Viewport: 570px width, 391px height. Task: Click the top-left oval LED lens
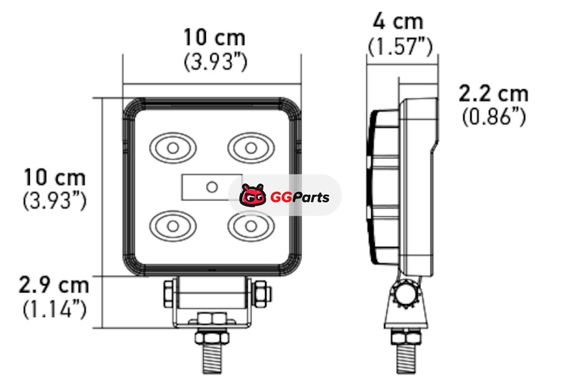(172, 148)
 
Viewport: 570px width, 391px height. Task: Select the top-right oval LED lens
(251, 148)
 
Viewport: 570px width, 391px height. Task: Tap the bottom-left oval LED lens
(172, 225)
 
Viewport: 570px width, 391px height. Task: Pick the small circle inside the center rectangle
(212, 187)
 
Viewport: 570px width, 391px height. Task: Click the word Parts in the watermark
(310, 197)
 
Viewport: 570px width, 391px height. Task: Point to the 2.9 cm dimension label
(54, 285)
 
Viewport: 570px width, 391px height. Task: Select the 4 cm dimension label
(398, 21)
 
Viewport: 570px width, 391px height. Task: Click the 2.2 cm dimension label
(493, 93)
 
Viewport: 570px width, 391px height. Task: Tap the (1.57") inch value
(400, 46)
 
